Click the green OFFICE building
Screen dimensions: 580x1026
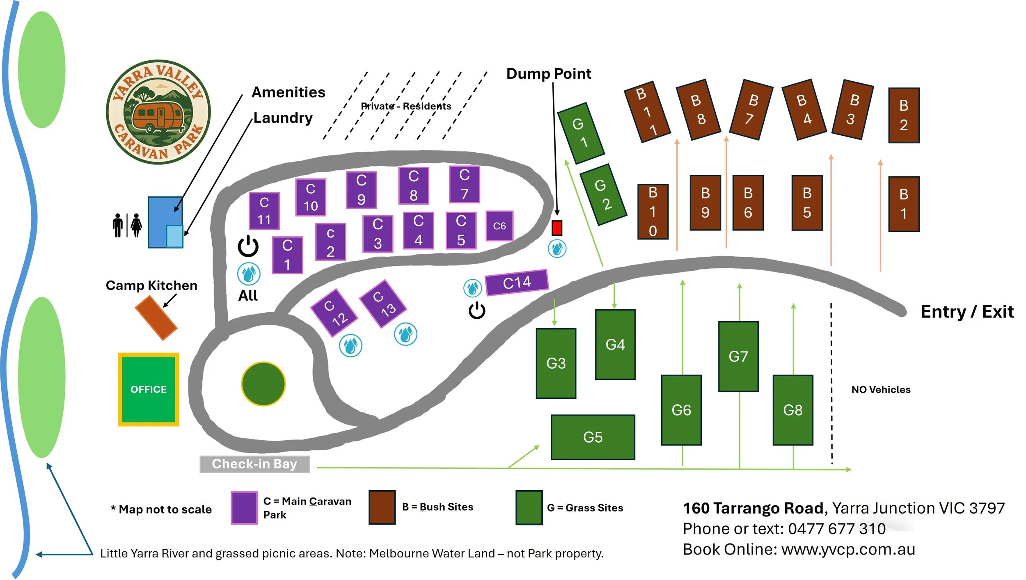tap(149, 389)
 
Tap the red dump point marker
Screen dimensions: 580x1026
tap(557, 228)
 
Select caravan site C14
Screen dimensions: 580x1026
tap(517, 282)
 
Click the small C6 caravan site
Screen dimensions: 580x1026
tap(499, 226)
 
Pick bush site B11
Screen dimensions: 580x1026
tap(647, 112)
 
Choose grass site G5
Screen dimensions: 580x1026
tap(593, 437)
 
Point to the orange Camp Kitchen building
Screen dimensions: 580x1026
tap(156, 318)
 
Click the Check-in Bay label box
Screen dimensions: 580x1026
tap(254, 464)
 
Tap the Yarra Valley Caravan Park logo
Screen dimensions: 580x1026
tap(158, 112)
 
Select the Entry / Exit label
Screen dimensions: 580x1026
tap(967, 312)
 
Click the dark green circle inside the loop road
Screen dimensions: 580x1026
tap(263, 384)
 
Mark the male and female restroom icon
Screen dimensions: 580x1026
tap(127, 225)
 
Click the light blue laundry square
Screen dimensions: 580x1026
tap(174, 236)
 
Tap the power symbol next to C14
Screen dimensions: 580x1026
tap(477, 311)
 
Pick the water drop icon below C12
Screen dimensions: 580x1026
tap(350, 345)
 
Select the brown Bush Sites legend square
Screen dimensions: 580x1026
tap(382, 507)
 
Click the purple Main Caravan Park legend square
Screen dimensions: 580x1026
tap(244, 508)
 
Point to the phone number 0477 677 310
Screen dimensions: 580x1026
tap(837, 529)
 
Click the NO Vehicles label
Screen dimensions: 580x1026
tap(881, 389)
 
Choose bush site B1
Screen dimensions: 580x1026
tap(903, 204)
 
